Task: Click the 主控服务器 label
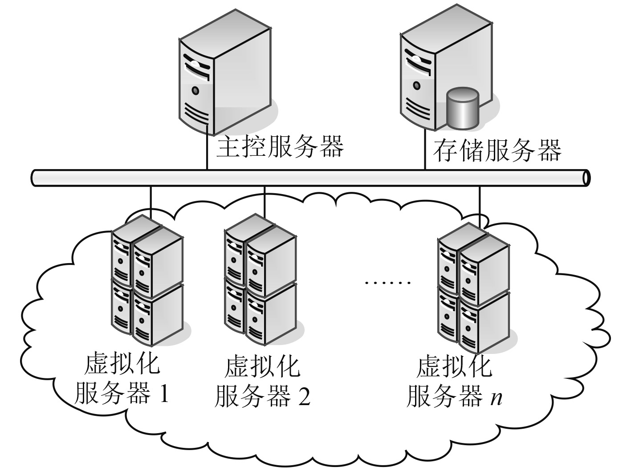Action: point(280,147)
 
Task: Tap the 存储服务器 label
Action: point(497,150)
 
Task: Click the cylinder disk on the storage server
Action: point(463,107)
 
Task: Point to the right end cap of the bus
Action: point(586,177)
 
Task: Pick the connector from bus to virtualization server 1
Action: point(151,203)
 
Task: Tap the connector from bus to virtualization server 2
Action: point(265,203)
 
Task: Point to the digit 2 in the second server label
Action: point(304,396)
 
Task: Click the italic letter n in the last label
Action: point(496,397)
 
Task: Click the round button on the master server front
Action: point(195,91)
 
